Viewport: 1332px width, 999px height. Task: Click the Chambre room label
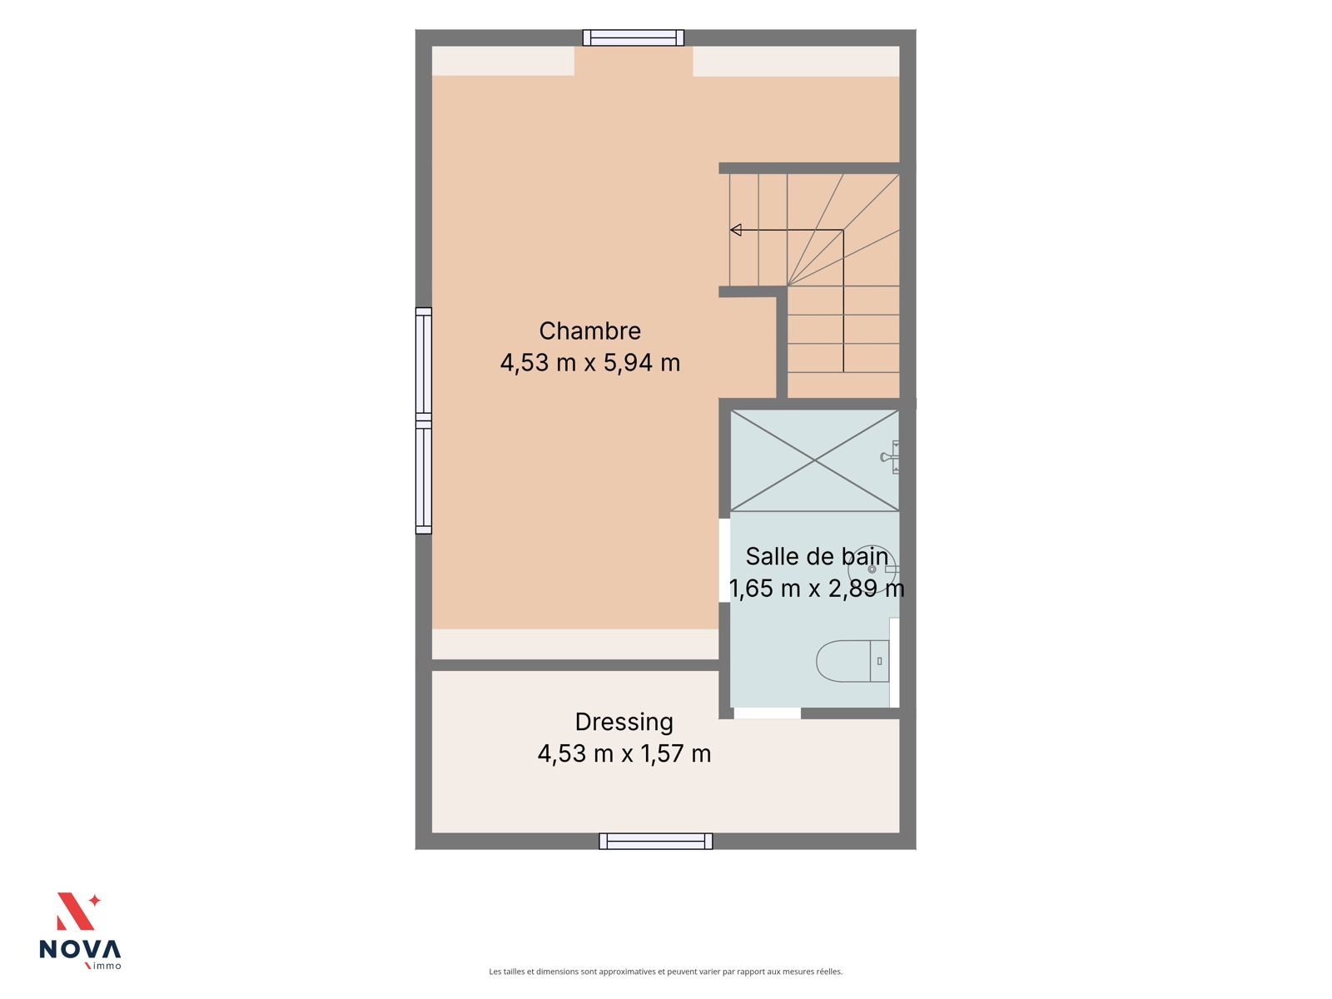pyautogui.click(x=589, y=331)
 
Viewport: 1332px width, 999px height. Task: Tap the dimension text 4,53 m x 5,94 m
pyautogui.click(x=589, y=363)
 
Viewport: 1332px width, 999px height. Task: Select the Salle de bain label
pyautogui.click(x=816, y=557)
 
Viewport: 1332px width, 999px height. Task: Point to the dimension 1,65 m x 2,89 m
pyautogui.click(x=816, y=589)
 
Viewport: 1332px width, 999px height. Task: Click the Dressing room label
pyautogui.click(x=624, y=723)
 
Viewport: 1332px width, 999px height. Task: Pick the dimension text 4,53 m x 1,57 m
pyautogui.click(x=624, y=754)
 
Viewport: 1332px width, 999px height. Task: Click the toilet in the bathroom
pyautogui.click(x=852, y=661)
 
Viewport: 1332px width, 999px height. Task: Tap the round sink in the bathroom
pyautogui.click(x=872, y=569)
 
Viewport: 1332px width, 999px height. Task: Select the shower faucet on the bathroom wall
pyautogui.click(x=890, y=457)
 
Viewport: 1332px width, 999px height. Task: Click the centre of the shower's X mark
pyautogui.click(x=814, y=461)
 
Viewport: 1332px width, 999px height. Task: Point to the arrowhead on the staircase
pyautogui.click(x=735, y=230)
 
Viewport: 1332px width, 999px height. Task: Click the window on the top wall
pyautogui.click(x=633, y=37)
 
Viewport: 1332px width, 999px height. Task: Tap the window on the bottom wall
pyautogui.click(x=655, y=841)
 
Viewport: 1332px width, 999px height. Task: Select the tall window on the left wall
pyautogui.click(x=424, y=421)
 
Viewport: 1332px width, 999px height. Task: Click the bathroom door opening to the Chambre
pyautogui.click(x=724, y=560)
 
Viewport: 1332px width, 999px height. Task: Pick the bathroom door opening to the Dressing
pyautogui.click(x=767, y=713)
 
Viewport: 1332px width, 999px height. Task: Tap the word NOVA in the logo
pyautogui.click(x=80, y=949)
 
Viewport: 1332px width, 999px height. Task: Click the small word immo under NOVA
pyautogui.click(x=107, y=967)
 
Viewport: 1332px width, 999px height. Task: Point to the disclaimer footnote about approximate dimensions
pyautogui.click(x=666, y=971)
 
